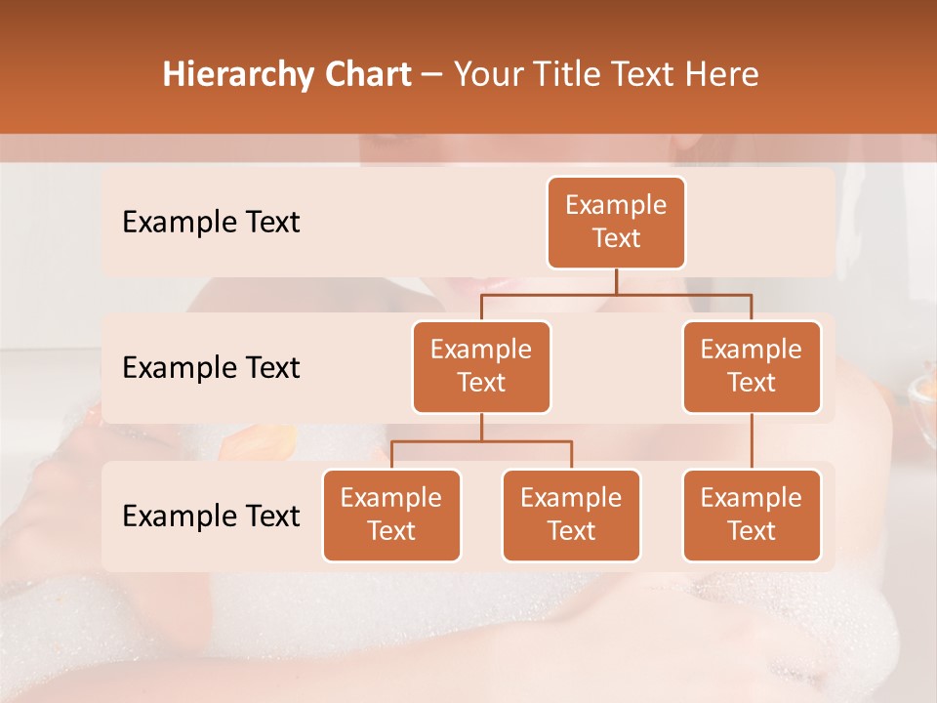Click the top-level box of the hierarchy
tap(616, 223)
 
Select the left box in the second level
tap(481, 367)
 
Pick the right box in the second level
tap(752, 367)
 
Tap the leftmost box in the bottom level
tap(391, 516)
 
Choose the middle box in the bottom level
tap(571, 516)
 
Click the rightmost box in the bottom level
tap(752, 516)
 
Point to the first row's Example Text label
tap(211, 223)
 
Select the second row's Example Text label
tap(211, 368)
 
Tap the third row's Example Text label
tap(211, 516)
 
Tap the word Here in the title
tap(722, 74)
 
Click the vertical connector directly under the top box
tap(616, 281)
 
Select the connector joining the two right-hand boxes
tap(752, 441)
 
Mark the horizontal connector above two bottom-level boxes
tap(481, 441)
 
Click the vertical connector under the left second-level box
tap(481, 427)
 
